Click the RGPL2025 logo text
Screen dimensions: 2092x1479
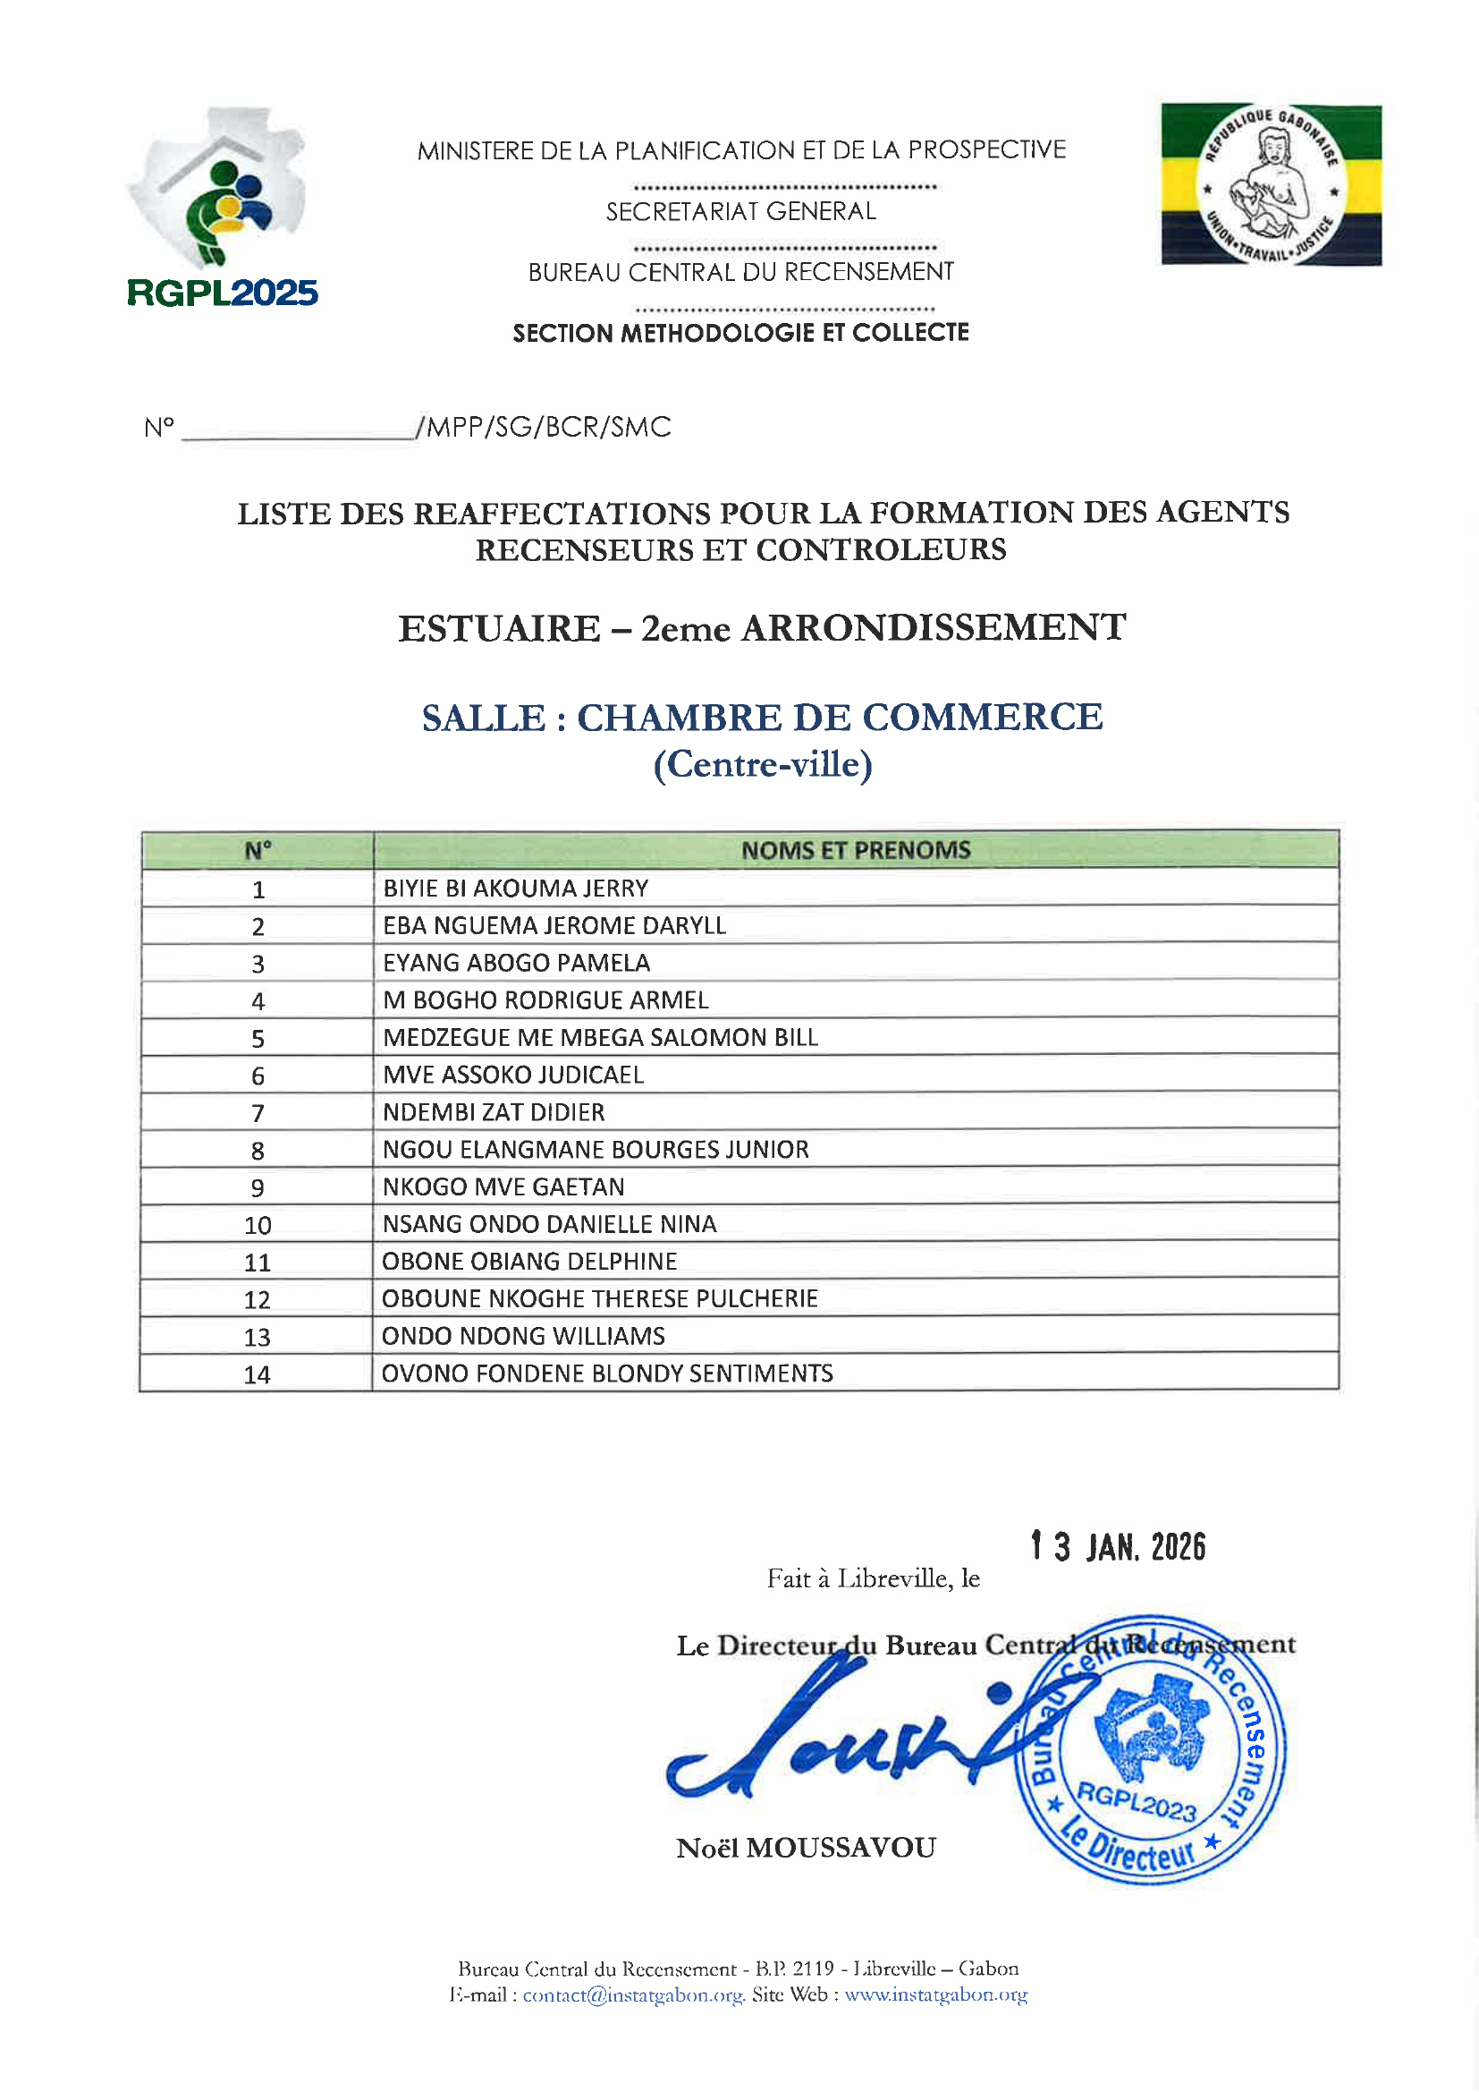[223, 293]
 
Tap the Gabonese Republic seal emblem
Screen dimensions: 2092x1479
[1271, 185]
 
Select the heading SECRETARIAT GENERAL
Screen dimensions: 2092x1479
[740, 211]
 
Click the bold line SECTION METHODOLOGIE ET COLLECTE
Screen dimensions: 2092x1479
[740, 333]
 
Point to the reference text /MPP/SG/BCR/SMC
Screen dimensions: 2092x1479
[544, 427]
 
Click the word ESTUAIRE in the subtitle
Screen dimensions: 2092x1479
[499, 629]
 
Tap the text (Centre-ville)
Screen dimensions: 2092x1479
[762, 763]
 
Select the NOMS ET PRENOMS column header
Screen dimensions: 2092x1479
[855, 850]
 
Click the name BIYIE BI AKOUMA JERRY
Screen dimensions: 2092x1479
[515, 889]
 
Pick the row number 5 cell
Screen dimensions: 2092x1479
[258, 1039]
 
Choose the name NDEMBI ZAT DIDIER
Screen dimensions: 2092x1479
[494, 1112]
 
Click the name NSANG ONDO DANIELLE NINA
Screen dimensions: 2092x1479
[549, 1225]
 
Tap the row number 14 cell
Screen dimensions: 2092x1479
[257, 1375]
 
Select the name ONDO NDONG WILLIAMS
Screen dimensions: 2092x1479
[524, 1337]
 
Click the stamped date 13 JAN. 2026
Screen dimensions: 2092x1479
[1118, 1547]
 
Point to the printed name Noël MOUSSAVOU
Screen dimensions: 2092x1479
[806, 1848]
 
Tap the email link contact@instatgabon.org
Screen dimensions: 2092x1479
[633, 1994]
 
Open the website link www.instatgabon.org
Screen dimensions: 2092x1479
[935, 1994]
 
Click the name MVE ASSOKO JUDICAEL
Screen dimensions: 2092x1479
[512, 1076]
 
